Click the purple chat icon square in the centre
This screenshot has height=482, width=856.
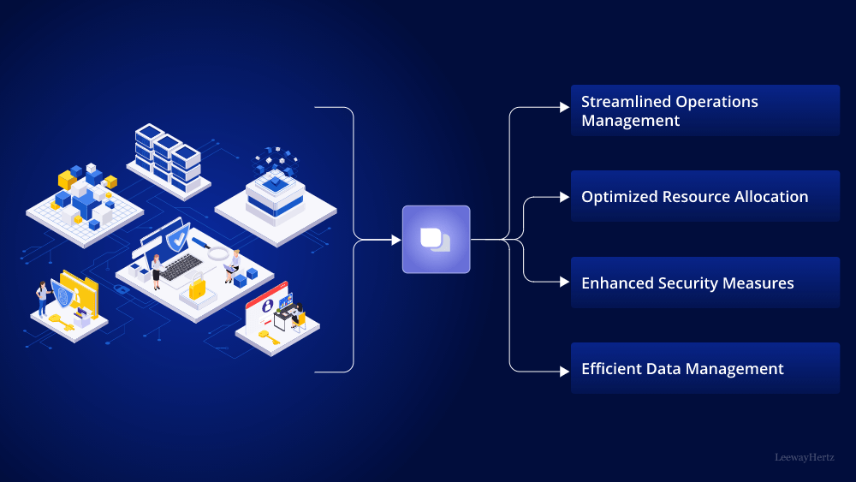pyautogui.click(x=436, y=240)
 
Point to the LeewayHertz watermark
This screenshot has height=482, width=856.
pyautogui.click(x=804, y=458)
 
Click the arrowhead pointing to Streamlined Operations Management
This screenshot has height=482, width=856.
pyautogui.click(x=564, y=107)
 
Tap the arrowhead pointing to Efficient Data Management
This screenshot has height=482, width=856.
pyautogui.click(x=564, y=372)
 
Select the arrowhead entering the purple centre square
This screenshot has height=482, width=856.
pyautogui.click(x=396, y=240)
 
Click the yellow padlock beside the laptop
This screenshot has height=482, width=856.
pyautogui.click(x=197, y=289)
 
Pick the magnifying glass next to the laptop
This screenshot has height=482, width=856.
pyautogui.click(x=218, y=253)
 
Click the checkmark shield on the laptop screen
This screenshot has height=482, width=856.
pyautogui.click(x=177, y=235)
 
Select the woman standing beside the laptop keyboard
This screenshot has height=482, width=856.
pyautogui.click(x=157, y=272)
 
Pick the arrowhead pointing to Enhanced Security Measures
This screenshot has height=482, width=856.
pyautogui.click(x=564, y=283)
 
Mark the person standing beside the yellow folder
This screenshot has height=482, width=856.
pyautogui.click(x=41, y=299)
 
